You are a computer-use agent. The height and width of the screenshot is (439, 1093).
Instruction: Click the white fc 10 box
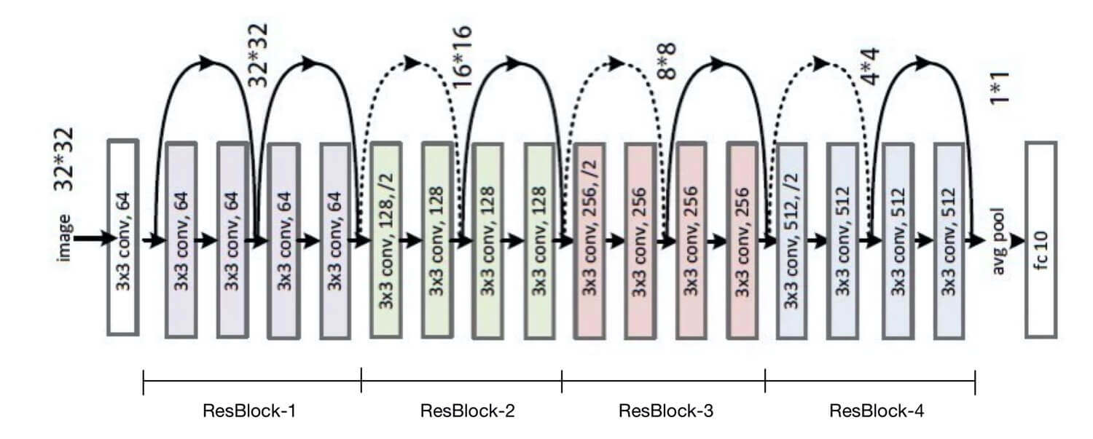(x=1041, y=240)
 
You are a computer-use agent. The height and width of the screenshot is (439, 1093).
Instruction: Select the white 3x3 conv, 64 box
(x=122, y=237)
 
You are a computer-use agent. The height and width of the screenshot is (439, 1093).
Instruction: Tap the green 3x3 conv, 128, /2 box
(x=385, y=240)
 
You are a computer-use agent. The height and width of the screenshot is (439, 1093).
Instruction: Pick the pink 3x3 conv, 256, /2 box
(x=589, y=240)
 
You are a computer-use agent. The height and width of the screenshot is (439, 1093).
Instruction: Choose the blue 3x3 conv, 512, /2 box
(x=791, y=240)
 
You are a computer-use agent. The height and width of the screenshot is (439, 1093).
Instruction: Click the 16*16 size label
(x=462, y=57)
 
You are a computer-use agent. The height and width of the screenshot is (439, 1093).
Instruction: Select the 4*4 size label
(x=871, y=68)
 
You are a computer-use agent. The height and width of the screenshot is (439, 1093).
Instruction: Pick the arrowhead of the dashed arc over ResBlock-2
(x=412, y=63)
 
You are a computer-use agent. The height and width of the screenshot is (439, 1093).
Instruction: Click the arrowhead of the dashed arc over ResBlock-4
(x=821, y=63)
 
